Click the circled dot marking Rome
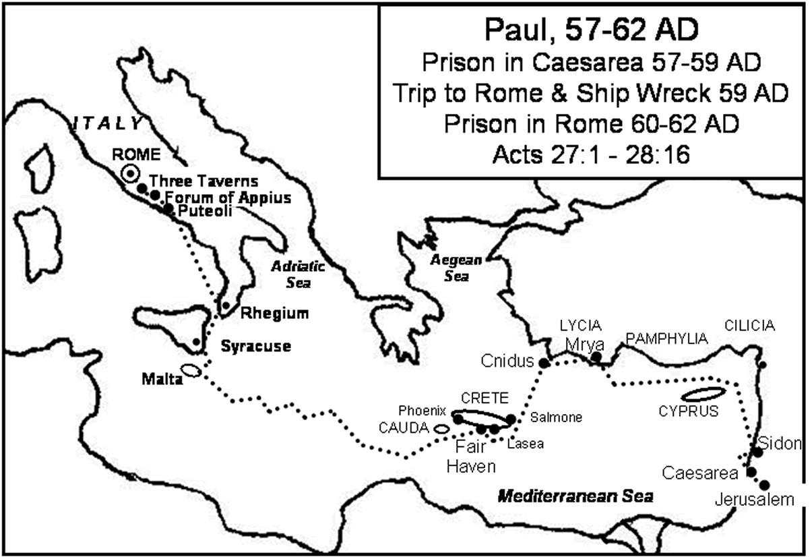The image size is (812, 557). tap(130, 173)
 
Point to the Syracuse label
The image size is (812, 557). tap(256, 346)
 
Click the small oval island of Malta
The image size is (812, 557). tap(191, 371)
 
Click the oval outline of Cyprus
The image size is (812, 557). tap(703, 393)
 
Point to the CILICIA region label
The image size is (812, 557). tap(750, 326)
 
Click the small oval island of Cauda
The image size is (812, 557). tap(441, 428)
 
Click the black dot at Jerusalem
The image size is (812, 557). tap(765, 485)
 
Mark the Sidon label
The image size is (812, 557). tap(780, 443)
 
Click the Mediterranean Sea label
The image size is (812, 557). tap(575, 496)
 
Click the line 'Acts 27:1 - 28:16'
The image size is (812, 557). tap(589, 153)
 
